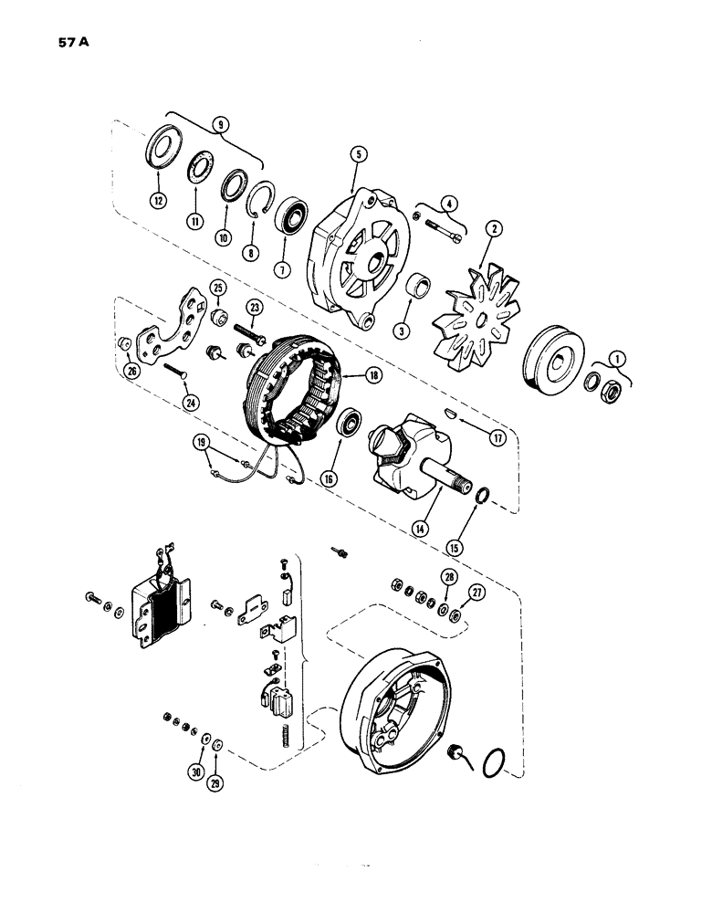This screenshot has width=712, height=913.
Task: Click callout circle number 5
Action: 359,155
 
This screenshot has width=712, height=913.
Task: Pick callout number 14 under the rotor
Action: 447,526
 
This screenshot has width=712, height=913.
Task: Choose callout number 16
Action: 329,478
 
